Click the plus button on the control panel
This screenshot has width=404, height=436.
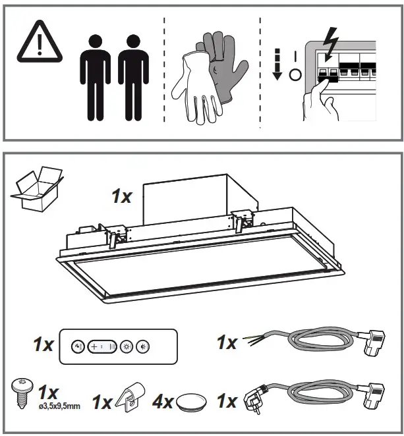click(94, 346)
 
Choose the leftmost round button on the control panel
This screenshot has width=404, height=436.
click(76, 346)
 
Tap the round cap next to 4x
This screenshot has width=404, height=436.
click(190, 401)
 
